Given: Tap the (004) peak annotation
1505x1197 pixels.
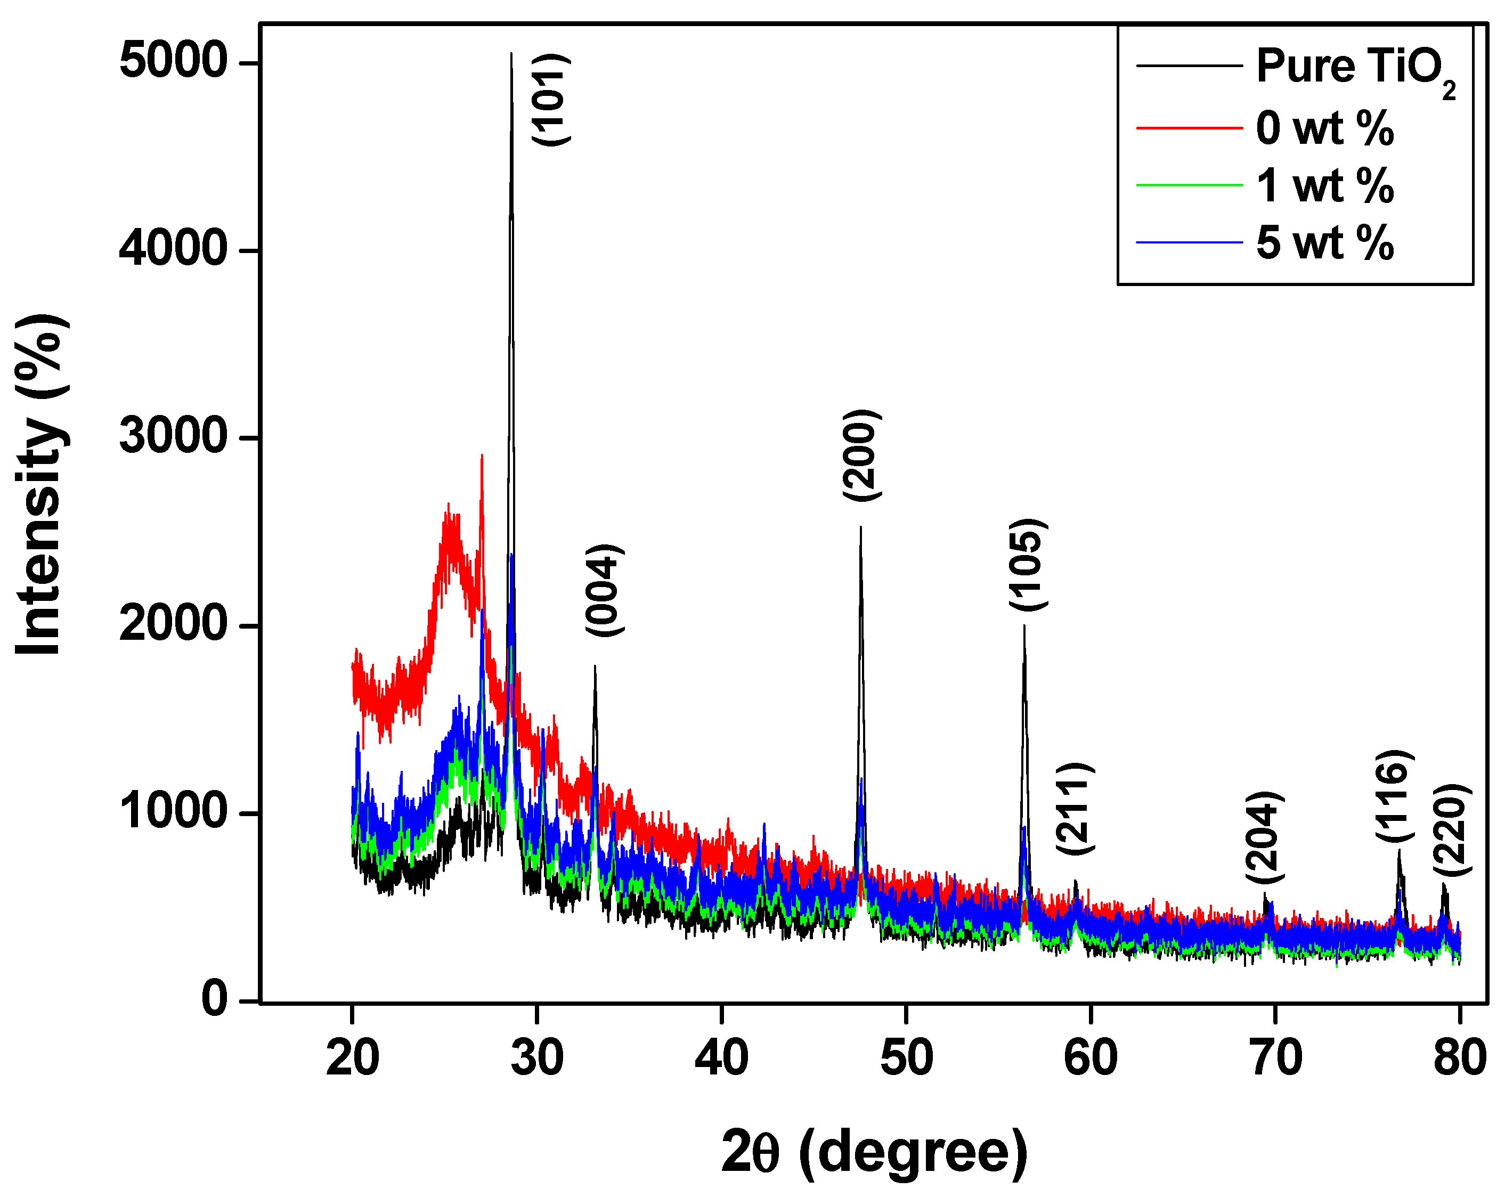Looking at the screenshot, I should pyautogui.click(x=605, y=590).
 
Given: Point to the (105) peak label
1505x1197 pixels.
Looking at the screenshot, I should pyautogui.click(x=1028, y=565).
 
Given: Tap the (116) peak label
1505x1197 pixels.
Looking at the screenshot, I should pyautogui.click(x=1395, y=796).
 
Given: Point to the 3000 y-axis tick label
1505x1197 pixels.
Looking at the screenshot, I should pyautogui.click(x=173, y=437).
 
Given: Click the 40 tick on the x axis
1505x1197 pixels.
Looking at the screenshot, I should pyautogui.click(x=721, y=1058).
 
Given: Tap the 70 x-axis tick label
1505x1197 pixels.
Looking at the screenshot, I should pyautogui.click(x=1275, y=1058).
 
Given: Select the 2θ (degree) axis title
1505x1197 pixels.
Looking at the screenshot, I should pyautogui.click(x=874, y=1152).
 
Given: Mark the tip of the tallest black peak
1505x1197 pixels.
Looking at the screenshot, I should pyautogui.click(x=511, y=54).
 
